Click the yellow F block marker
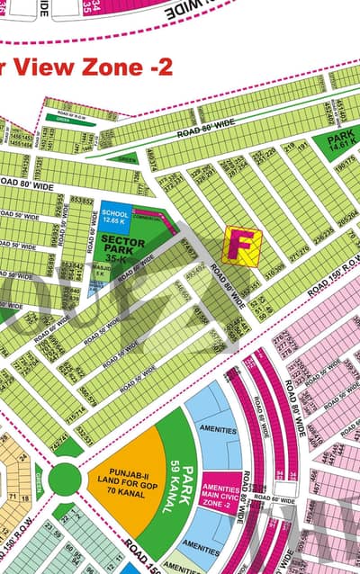(241, 245)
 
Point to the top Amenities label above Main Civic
(219, 430)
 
